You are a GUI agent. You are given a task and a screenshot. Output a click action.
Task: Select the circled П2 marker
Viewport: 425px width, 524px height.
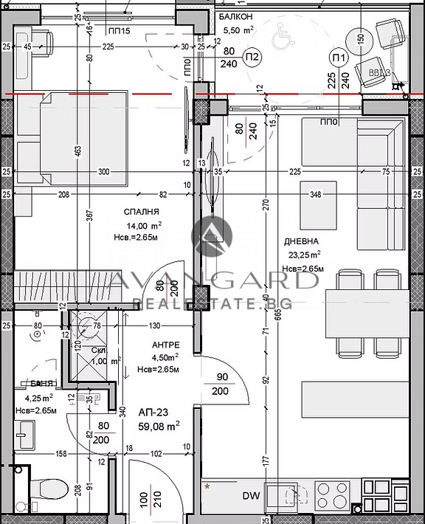252,58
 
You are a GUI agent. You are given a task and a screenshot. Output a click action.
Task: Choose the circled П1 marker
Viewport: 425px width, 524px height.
339,58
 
